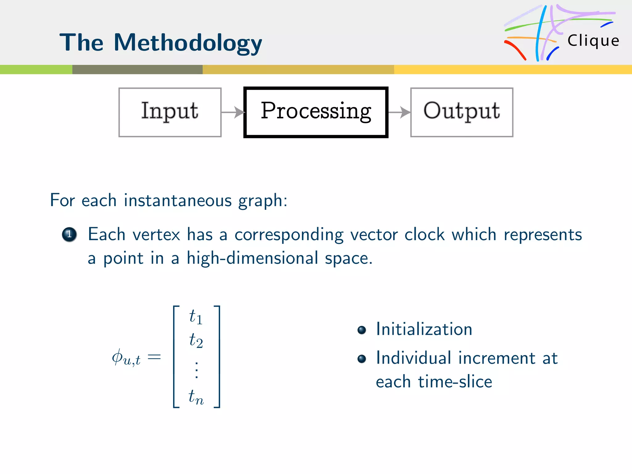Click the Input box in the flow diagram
(x=170, y=112)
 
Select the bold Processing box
(x=316, y=112)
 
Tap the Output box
(x=462, y=112)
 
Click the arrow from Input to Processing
(x=233, y=112)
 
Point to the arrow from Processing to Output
(x=399, y=112)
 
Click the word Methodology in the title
(x=188, y=43)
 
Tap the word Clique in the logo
(x=593, y=41)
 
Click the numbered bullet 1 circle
(x=69, y=235)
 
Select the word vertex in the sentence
(x=156, y=235)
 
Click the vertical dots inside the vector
(x=197, y=369)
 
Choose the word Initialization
(x=424, y=329)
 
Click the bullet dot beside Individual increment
(x=361, y=359)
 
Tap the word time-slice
(x=455, y=382)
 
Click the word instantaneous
(x=177, y=200)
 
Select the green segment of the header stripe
(x=36, y=69)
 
